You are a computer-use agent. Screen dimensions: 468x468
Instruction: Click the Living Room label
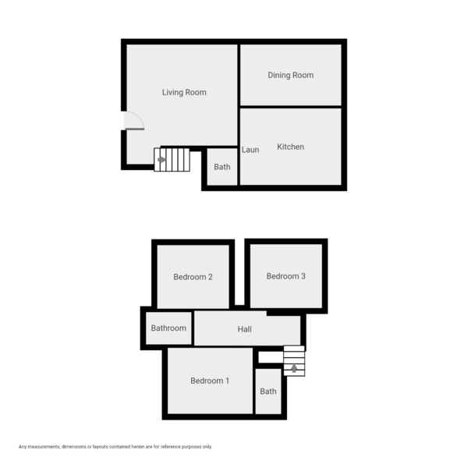click(184, 92)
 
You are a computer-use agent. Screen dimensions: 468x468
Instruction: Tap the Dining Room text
click(290, 75)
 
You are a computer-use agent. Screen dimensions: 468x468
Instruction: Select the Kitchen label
click(290, 147)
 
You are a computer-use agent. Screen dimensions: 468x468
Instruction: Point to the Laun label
click(250, 150)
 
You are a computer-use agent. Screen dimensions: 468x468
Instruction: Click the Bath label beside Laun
click(222, 166)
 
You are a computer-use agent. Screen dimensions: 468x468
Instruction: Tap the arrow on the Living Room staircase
click(161, 160)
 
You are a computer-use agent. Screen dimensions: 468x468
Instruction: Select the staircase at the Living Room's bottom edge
click(172, 160)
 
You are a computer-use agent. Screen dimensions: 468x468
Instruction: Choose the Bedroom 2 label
click(193, 277)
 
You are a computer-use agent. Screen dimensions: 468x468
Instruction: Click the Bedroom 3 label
click(285, 276)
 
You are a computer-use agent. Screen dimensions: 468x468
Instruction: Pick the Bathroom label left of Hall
click(168, 328)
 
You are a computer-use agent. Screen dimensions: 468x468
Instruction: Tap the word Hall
click(244, 329)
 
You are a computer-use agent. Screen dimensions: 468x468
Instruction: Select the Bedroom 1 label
click(210, 381)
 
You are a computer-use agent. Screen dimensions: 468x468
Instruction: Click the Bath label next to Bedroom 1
click(268, 392)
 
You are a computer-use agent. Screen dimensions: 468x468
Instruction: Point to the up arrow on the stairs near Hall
click(294, 368)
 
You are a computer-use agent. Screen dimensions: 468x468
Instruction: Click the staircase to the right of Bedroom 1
click(294, 361)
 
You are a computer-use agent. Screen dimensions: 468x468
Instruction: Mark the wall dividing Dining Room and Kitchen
click(290, 106)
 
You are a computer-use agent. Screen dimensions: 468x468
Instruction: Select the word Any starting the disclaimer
click(23, 447)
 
